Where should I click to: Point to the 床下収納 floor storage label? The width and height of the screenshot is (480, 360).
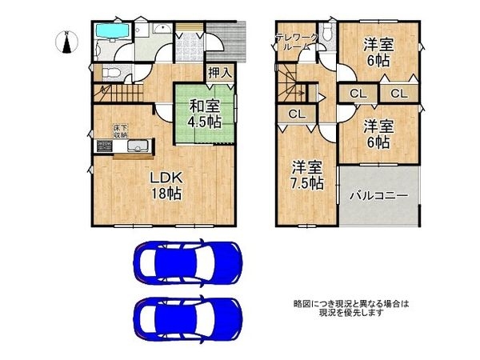coord(118,130)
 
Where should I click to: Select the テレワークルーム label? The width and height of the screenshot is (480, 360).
coord(298,42)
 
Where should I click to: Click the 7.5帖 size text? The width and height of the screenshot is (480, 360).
coord(307,183)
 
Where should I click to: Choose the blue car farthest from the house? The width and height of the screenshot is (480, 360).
coord(188,317)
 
